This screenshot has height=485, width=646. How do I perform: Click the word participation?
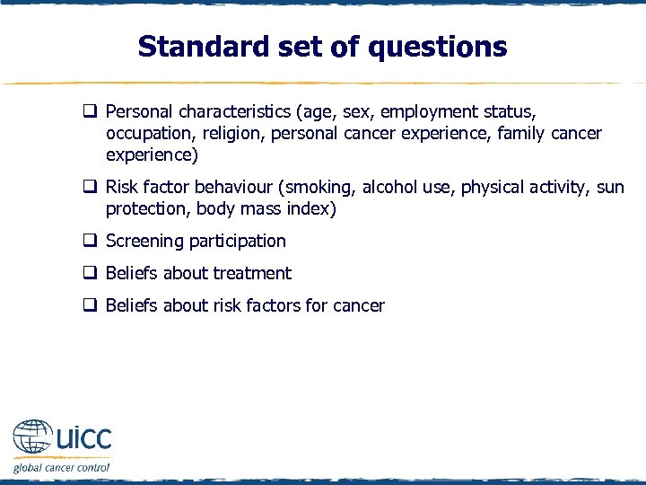(x=238, y=241)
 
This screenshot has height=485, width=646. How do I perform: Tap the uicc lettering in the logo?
(x=83, y=440)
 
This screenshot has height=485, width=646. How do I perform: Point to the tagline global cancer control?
(x=61, y=467)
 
